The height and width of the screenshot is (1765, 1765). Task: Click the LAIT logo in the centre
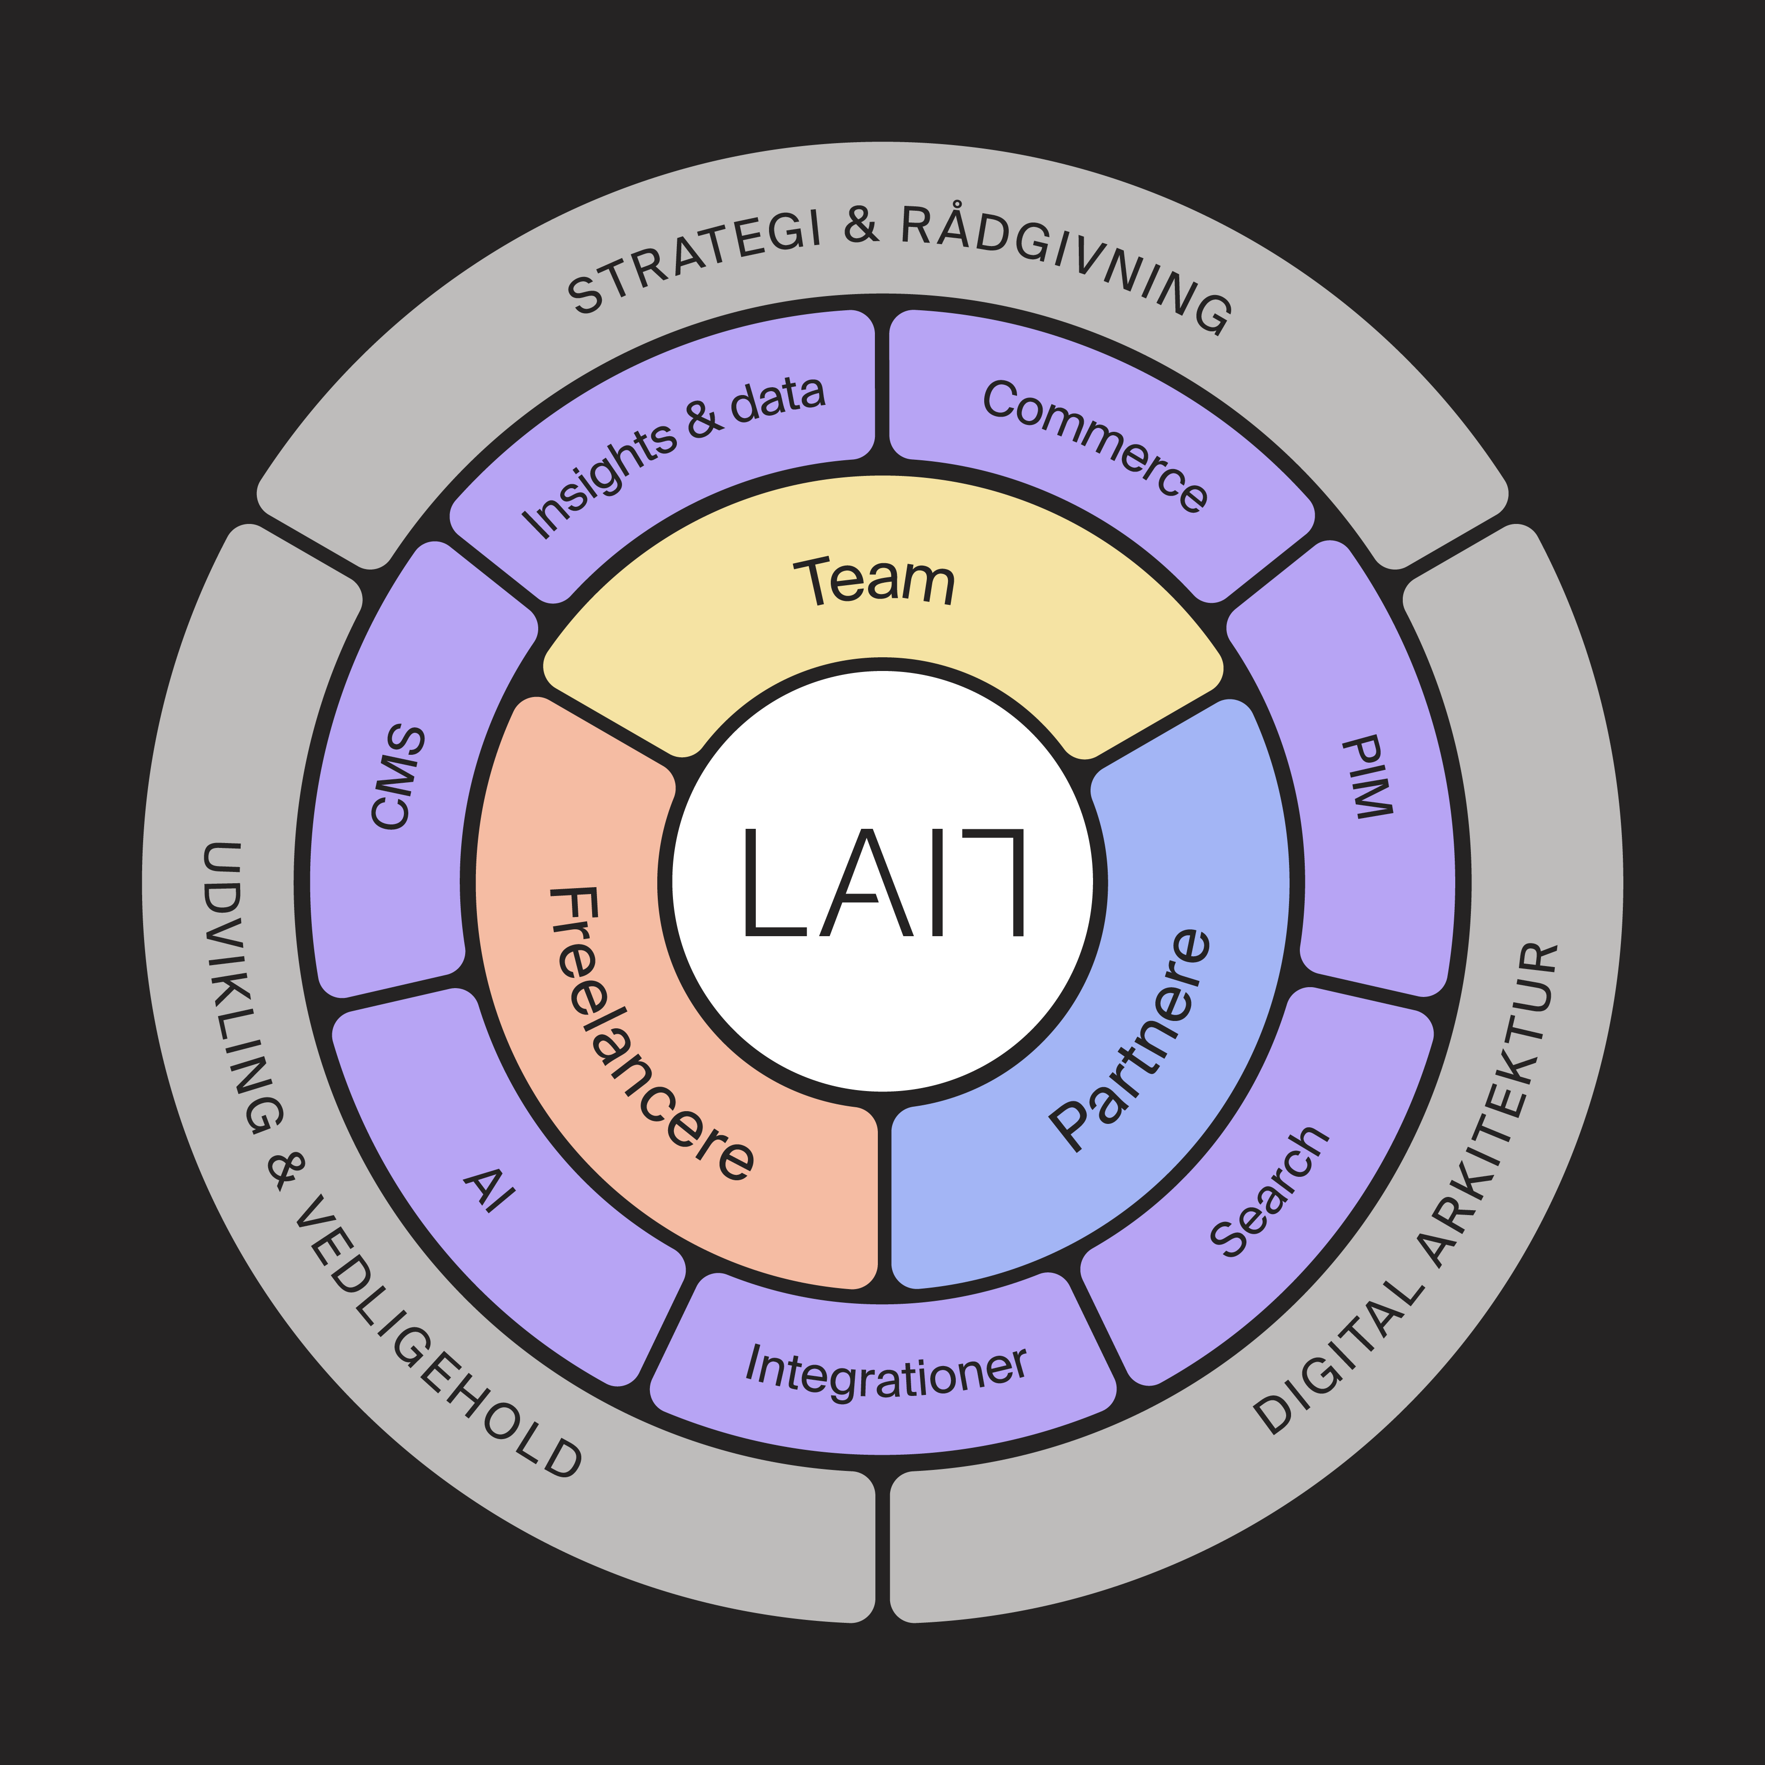(x=882, y=882)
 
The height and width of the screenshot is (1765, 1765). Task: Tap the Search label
(x=1268, y=1192)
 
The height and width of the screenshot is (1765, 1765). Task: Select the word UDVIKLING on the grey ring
(x=238, y=987)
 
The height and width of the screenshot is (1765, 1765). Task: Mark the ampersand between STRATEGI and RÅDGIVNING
(x=862, y=225)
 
